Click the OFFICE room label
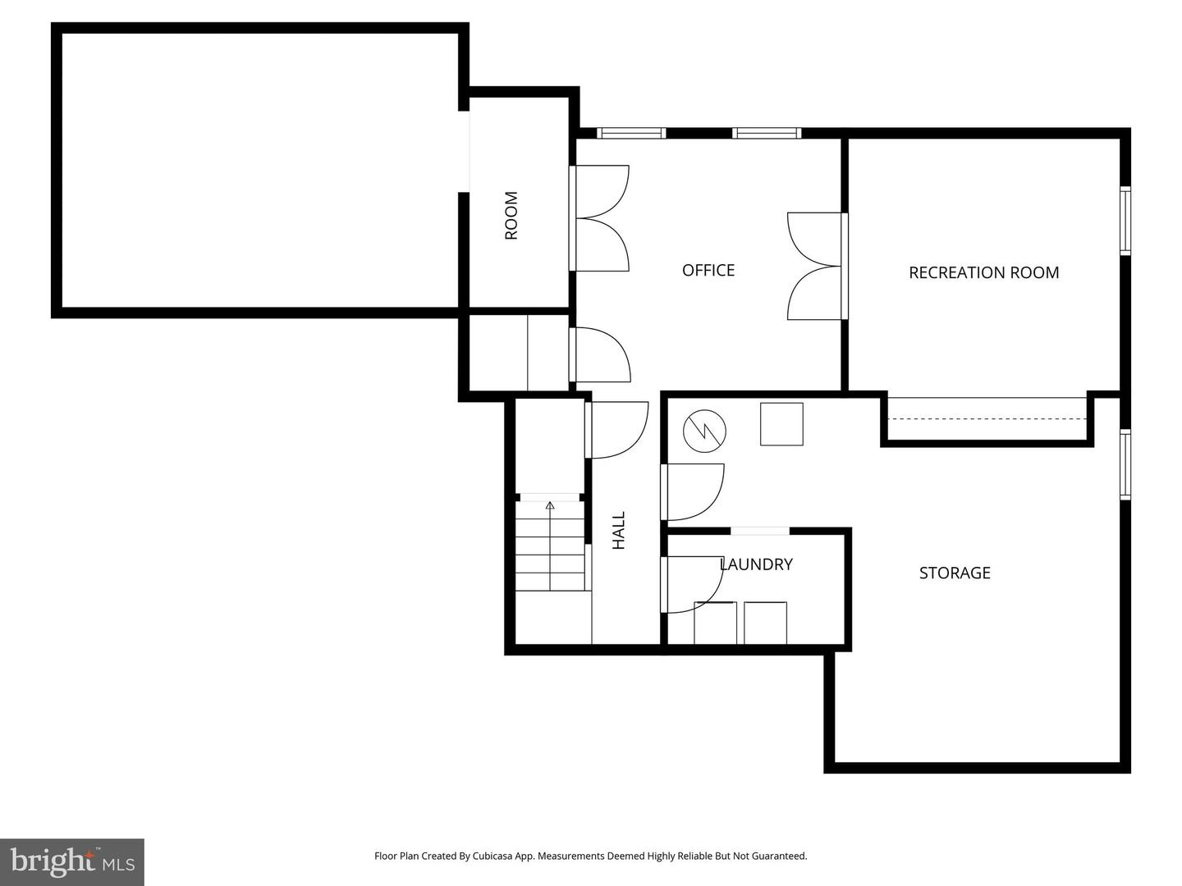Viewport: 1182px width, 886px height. click(x=708, y=270)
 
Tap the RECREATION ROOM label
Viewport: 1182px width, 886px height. click(x=983, y=272)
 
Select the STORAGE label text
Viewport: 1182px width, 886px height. click(x=954, y=573)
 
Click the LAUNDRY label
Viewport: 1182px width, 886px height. click(x=756, y=564)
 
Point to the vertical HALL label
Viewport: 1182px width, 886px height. click(x=619, y=530)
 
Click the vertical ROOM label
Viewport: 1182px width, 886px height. click(x=511, y=215)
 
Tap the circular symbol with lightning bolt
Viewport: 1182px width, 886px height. click(x=705, y=430)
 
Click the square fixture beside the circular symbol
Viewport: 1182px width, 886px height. click(x=781, y=424)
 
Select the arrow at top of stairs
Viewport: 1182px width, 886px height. click(x=550, y=505)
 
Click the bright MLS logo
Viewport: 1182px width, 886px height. click(x=71, y=861)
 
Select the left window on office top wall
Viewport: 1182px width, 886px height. click(x=630, y=133)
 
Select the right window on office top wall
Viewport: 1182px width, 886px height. click(x=766, y=133)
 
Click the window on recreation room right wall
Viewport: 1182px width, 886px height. click(x=1125, y=221)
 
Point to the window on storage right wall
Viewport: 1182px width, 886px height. click(x=1125, y=464)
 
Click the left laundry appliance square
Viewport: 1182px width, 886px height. click(x=715, y=623)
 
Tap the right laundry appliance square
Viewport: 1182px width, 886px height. click(x=765, y=623)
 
